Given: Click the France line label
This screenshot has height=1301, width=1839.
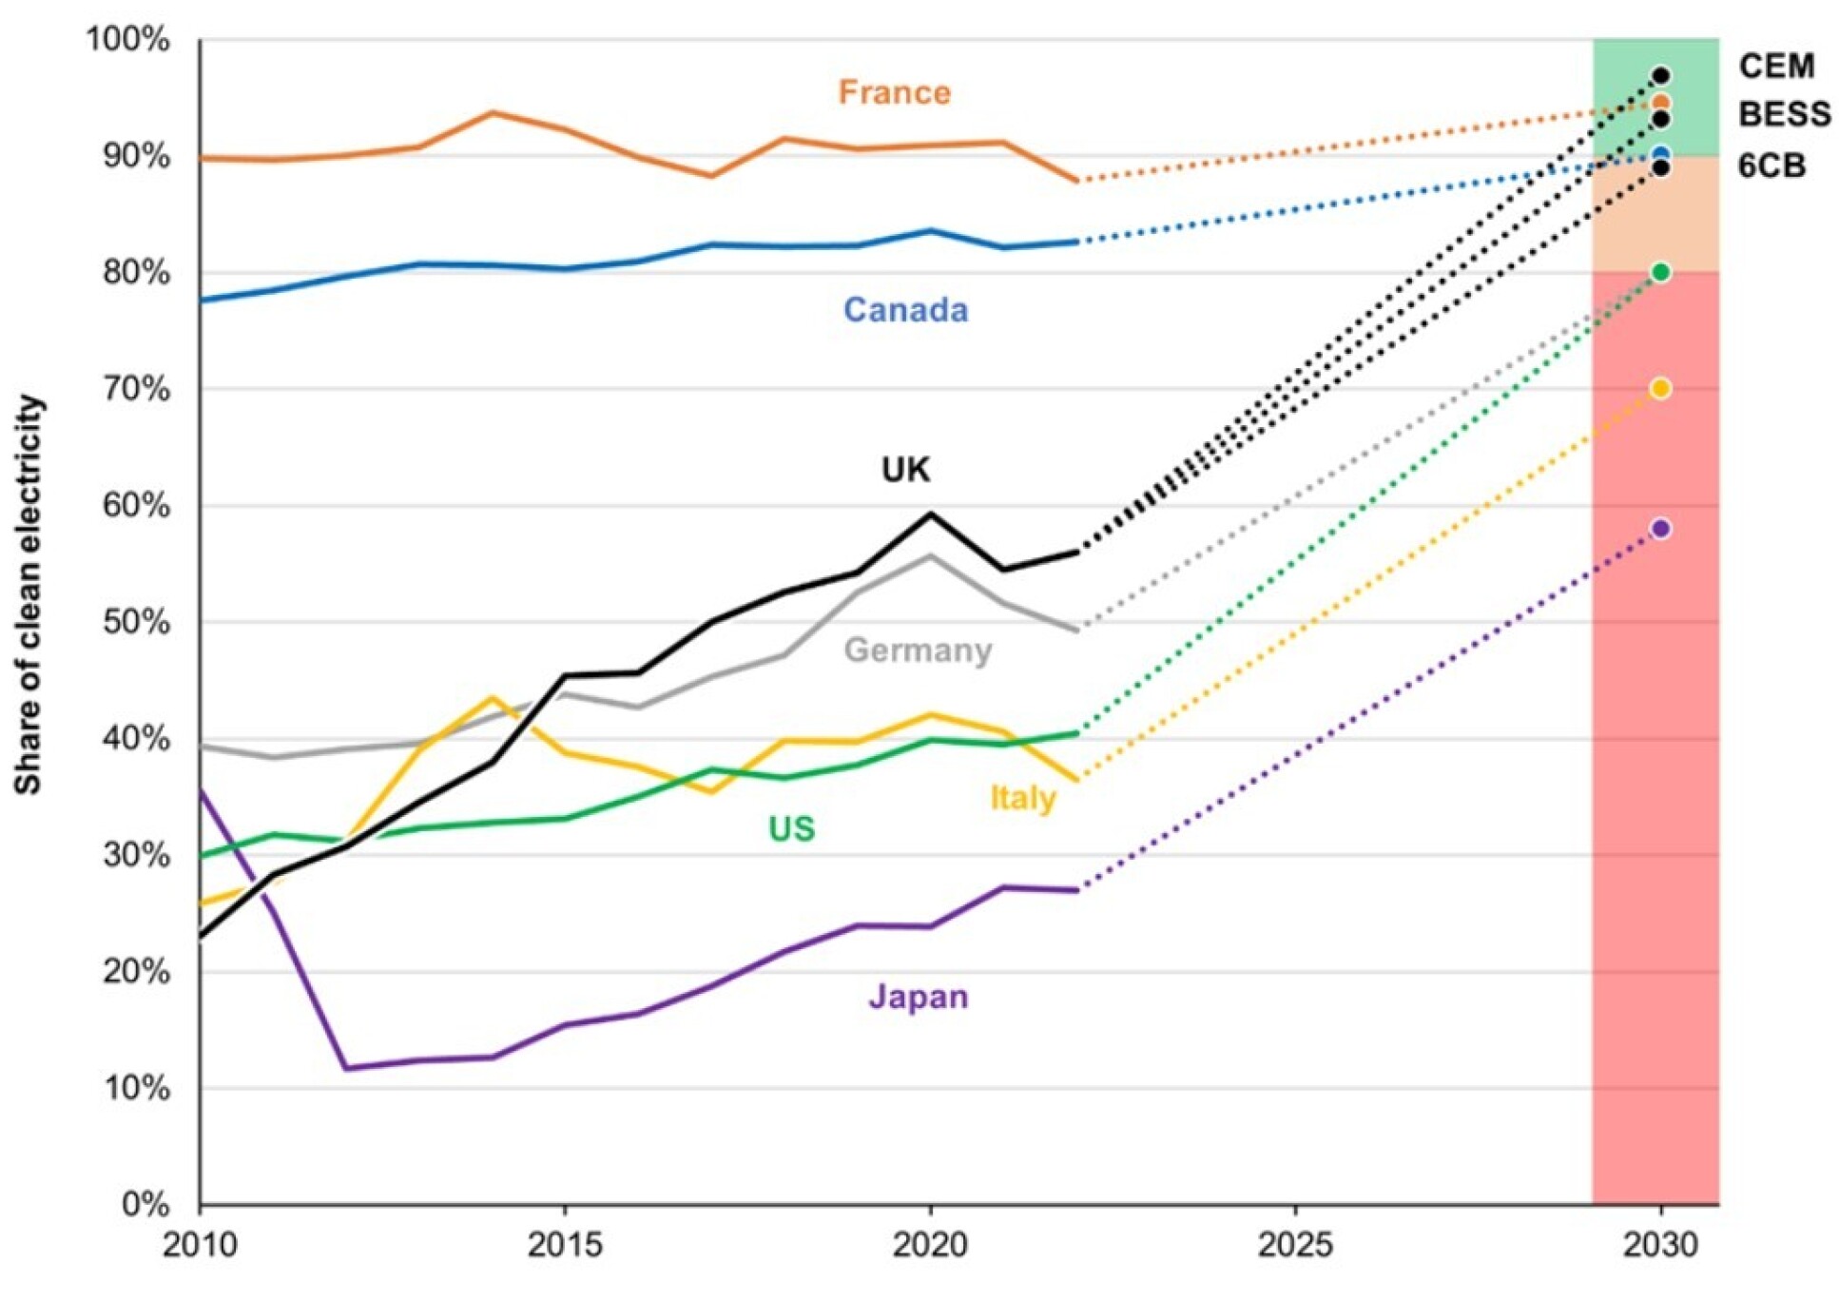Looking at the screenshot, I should point(894,92).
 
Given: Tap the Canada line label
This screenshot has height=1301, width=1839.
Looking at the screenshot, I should point(905,310).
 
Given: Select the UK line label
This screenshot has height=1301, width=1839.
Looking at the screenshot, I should point(905,469).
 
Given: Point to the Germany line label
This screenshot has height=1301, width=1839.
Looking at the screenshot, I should point(918,650).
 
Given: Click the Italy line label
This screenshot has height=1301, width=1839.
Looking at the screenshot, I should point(1022,797).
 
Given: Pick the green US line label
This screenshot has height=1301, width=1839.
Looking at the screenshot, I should point(791,828).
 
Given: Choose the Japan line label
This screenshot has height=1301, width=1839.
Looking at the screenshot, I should point(918,997).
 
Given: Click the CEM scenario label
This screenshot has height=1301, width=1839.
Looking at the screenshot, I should point(1776,66).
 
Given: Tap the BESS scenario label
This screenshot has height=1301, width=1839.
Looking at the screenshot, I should point(1784,114).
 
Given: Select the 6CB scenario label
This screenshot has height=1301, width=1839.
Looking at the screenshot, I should point(1771,165).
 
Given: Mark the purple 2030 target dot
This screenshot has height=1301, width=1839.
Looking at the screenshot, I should point(1660,529).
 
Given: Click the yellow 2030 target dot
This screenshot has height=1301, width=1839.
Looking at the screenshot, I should point(1660,388).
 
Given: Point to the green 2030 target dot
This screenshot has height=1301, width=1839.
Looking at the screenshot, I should point(1660,273).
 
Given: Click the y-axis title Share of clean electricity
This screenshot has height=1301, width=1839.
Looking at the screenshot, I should point(29,594).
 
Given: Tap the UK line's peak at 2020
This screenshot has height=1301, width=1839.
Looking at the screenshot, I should point(930,515).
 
